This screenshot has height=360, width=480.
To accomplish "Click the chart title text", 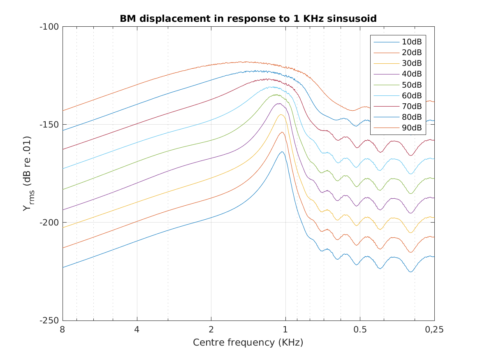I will (248, 19).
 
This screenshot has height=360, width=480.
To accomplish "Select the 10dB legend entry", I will (411, 42).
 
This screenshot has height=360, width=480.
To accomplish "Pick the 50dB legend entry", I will (411, 85).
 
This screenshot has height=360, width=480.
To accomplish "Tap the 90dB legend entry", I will (411, 128).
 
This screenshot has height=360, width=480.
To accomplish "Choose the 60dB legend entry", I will (411, 95).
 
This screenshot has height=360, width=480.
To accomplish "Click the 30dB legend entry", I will (411, 63).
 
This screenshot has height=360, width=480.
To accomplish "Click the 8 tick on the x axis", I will (63, 330).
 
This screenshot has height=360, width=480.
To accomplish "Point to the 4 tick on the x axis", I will (137, 330).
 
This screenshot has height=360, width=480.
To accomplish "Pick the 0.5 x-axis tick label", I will (360, 330).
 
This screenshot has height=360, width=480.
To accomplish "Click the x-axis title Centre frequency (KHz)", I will (248, 342).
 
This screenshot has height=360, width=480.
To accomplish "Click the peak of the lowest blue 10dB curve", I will (282, 152).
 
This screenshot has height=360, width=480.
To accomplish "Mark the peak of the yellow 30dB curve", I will (281, 115).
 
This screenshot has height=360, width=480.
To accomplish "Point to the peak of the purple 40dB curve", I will (279, 103).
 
